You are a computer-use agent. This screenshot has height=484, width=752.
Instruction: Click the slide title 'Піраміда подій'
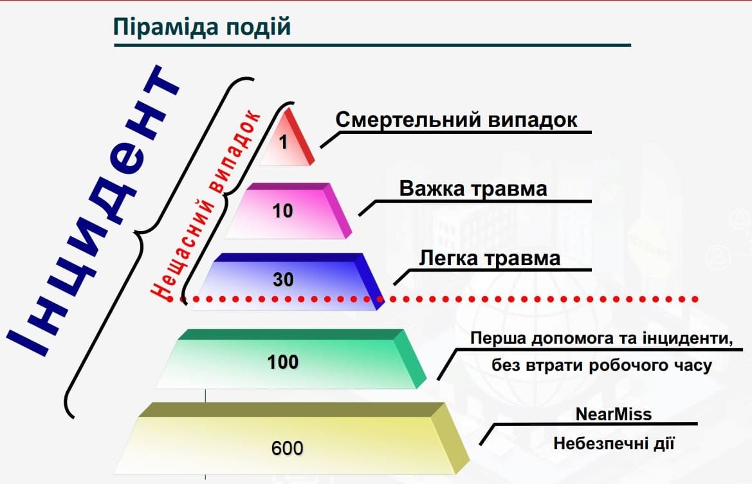pos(202,27)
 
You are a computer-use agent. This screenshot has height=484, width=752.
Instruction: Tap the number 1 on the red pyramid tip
pos(284,142)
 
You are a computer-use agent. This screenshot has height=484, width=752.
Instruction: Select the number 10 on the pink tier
pos(282,211)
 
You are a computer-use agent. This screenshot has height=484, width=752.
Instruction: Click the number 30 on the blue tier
pos(283,280)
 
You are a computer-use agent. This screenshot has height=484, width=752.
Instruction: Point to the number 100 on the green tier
pos(283,362)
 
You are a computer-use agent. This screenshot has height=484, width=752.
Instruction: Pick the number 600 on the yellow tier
pos(288,448)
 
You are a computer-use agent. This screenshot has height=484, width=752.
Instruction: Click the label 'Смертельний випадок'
pos(456,120)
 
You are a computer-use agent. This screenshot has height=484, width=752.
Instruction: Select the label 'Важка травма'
pos(473,189)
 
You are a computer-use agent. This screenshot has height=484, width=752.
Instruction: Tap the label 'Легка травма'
pos(489,259)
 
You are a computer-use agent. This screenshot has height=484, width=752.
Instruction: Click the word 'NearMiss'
pos(614,414)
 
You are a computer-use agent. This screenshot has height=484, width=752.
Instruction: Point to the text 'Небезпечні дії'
pos(614,443)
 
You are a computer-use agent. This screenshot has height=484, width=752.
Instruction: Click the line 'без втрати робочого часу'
pos(601,366)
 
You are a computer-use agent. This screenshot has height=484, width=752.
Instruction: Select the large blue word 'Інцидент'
pos(94,211)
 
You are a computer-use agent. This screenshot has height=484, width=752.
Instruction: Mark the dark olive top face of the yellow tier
pos(293,409)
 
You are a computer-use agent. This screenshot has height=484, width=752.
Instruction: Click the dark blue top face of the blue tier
pos(288,257)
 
